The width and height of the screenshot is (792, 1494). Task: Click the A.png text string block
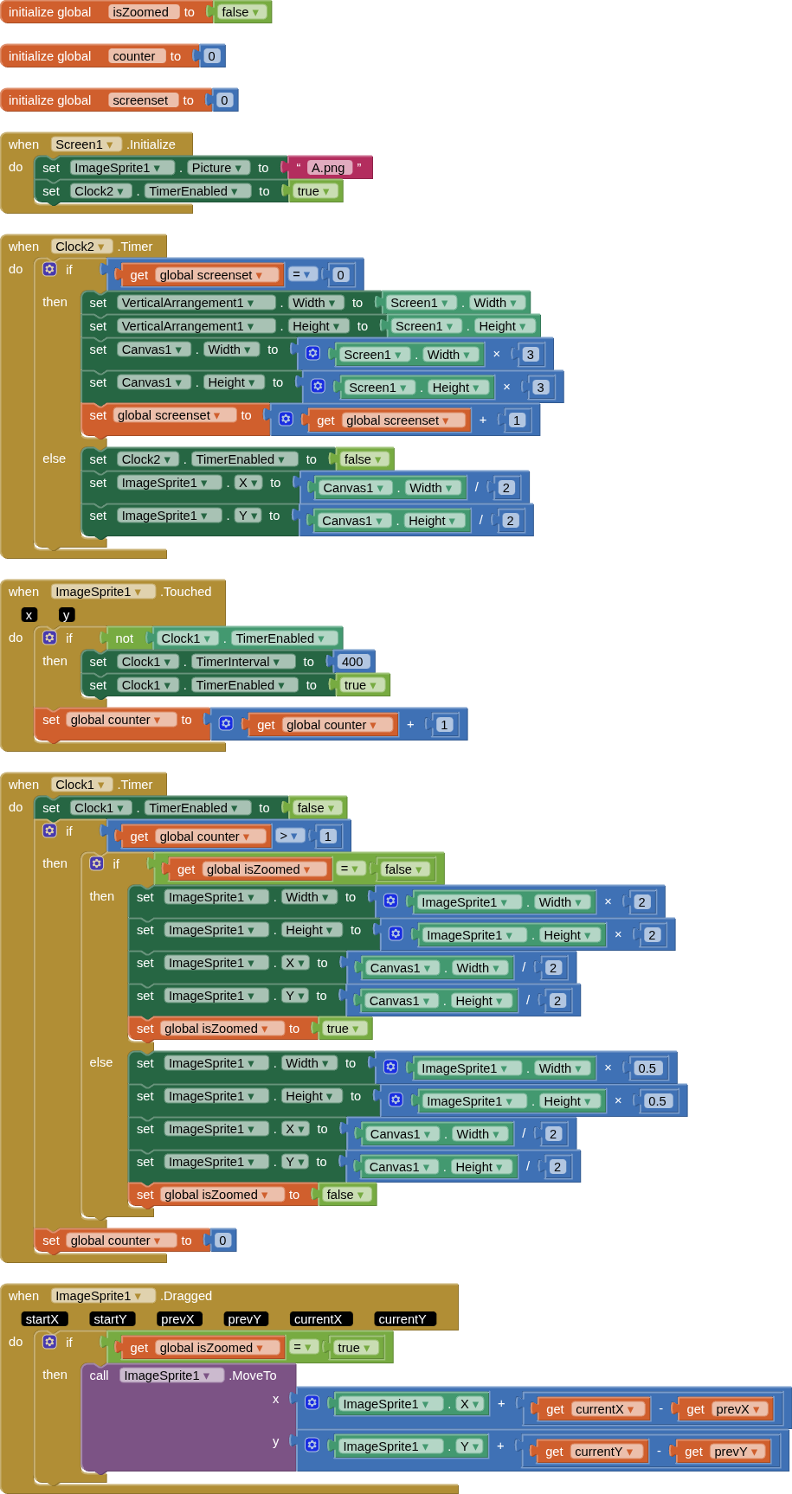328,168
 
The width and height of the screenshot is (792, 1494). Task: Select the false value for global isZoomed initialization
240,12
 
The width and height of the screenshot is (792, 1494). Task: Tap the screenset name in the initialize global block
140,100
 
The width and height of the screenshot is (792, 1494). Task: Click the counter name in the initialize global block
134,56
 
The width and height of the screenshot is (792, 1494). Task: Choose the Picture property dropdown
217,168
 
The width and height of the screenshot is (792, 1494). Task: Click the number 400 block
352,662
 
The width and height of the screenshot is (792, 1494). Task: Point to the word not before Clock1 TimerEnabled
125,638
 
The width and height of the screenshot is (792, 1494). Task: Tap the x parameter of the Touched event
29,615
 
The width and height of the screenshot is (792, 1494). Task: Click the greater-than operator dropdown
289,837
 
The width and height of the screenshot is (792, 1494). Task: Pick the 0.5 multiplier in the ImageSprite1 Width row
647,1068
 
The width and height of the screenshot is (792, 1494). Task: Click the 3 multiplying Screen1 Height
540,388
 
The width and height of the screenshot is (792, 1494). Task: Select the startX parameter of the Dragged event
42,1319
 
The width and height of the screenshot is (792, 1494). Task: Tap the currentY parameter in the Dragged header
402,1319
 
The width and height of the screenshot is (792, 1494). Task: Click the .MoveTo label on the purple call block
253,1375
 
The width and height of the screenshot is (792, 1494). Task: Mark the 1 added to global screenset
517,420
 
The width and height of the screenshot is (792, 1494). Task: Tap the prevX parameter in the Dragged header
177,1319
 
